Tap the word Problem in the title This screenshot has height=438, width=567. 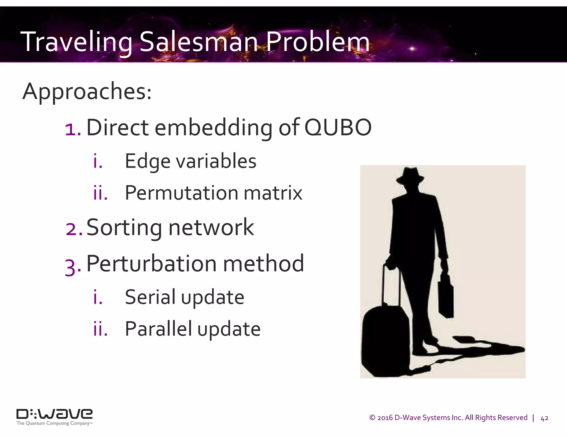(318, 42)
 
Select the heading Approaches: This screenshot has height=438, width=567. (87, 92)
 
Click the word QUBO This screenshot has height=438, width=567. (338, 128)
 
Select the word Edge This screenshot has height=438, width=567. (148, 162)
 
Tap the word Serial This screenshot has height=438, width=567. (150, 297)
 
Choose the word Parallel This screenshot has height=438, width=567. (158, 329)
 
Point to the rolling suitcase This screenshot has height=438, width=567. (385, 341)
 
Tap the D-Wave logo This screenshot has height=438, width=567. (54, 414)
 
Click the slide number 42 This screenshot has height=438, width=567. (544, 418)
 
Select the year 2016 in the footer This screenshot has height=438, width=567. (385, 418)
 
